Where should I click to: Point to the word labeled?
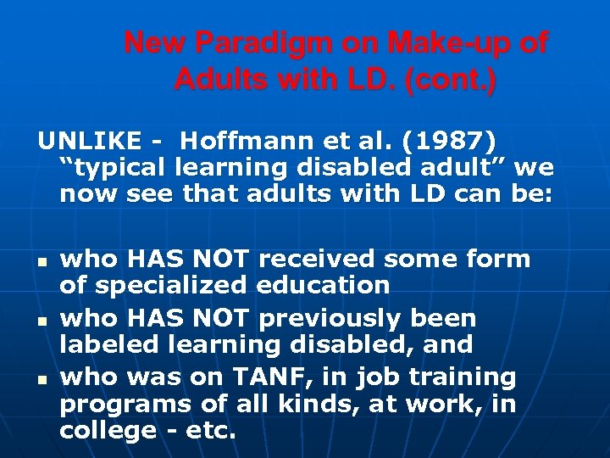[x=111, y=345]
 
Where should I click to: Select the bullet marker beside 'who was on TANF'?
[x=41, y=377]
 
